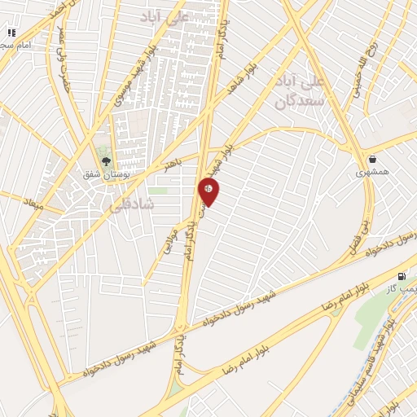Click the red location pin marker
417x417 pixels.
coord(209,191)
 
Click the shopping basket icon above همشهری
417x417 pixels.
coord(372,160)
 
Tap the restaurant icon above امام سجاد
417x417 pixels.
coord(11,33)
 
